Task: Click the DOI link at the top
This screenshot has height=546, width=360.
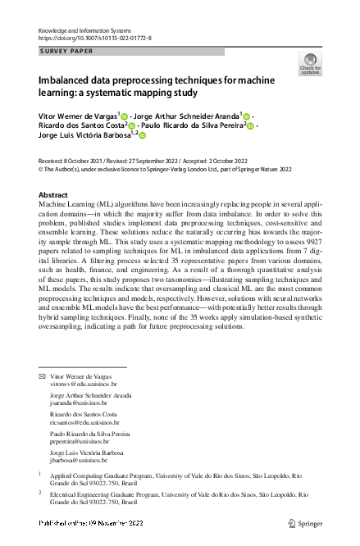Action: [x=94, y=38]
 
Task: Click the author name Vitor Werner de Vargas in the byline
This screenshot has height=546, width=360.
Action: [x=78, y=116]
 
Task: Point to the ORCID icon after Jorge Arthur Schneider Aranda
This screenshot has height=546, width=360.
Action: [x=248, y=116]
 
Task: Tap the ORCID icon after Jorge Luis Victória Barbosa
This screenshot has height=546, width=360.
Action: [x=142, y=136]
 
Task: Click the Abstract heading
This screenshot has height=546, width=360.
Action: [x=54, y=195]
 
